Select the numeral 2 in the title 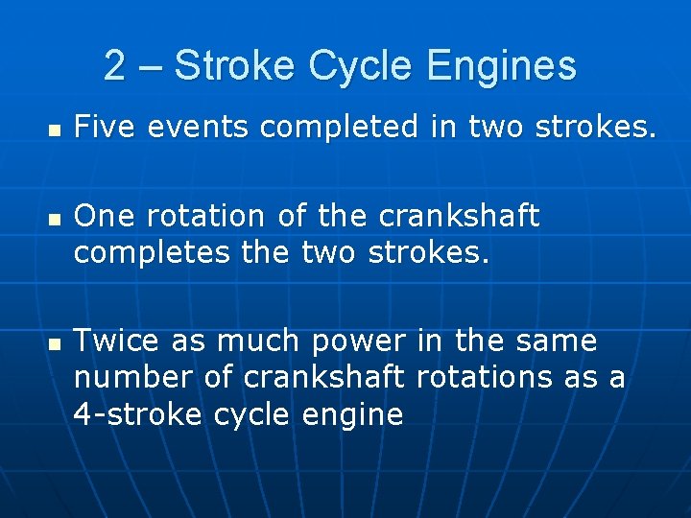114,66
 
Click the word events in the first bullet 190,126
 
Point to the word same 558,341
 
